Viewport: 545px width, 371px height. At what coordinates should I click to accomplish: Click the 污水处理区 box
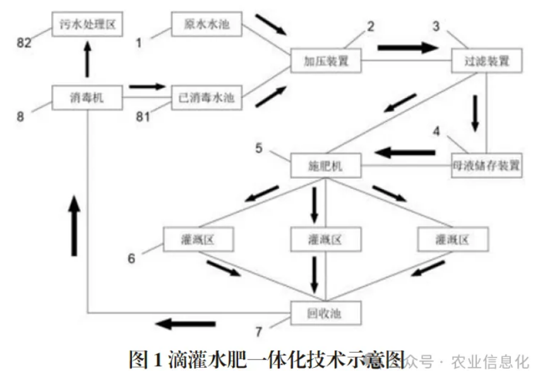coord(87,24)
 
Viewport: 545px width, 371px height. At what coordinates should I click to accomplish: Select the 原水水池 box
coord(207,24)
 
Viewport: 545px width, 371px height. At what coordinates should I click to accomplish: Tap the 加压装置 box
coord(326,61)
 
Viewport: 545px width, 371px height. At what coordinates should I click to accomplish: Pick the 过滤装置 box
coord(487,61)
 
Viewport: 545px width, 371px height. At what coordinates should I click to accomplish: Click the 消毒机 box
coord(87,98)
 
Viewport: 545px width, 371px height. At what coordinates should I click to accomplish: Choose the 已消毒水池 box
coord(207,98)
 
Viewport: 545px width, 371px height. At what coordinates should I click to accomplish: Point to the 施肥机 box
coord(326,166)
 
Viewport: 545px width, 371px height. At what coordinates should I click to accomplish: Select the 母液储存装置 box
coord(487,166)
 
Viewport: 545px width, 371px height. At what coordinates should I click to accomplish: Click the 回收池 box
coord(326,313)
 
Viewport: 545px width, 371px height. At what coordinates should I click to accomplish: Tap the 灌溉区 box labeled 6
coord(198,239)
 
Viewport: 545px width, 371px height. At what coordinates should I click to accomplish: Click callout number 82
coord(24,43)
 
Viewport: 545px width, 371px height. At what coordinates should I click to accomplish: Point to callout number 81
coord(143,117)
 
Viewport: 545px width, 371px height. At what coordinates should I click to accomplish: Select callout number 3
coord(436,26)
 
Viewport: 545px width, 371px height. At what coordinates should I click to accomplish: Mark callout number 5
coord(259,148)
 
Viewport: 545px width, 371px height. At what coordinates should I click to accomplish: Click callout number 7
coord(259,332)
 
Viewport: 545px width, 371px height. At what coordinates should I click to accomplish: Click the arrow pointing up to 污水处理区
coord(87,59)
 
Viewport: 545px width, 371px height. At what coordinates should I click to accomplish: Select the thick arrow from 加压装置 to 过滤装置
coord(408,47)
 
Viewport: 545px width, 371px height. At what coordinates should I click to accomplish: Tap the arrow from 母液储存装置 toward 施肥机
coord(405,152)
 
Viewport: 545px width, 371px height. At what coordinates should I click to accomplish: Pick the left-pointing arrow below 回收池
coord(186,324)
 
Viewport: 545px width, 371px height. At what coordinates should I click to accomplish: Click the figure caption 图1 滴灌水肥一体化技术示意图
coord(267,360)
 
